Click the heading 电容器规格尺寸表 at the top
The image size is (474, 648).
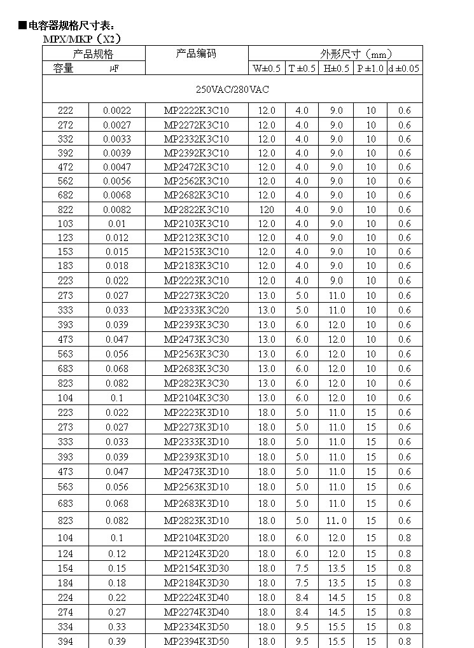coord(67,26)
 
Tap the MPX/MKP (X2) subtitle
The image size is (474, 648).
coord(81,39)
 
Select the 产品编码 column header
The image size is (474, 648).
coord(196,53)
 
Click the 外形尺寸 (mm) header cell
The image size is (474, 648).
coord(356,54)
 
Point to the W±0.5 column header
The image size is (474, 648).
coord(267,69)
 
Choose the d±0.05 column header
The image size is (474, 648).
coord(404,69)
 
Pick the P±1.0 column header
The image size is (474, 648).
coord(370,69)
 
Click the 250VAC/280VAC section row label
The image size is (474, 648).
coord(232,90)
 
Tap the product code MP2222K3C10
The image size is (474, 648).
coord(196,111)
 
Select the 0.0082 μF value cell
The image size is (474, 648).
coord(117,210)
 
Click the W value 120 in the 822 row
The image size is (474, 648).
coord(267,210)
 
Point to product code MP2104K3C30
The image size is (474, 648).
coord(196,398)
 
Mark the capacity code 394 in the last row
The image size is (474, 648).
coord(66,641)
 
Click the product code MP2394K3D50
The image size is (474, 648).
coord(196,641)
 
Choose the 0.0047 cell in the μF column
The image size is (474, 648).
coord(117,167)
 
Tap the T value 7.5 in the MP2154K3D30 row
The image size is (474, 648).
coord(302,569)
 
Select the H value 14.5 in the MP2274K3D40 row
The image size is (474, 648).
coord(337,612)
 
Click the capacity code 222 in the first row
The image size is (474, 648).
coord(66,111)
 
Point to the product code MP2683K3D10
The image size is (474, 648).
coord(196,504)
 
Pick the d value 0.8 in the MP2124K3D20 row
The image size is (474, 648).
coord(404,554)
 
